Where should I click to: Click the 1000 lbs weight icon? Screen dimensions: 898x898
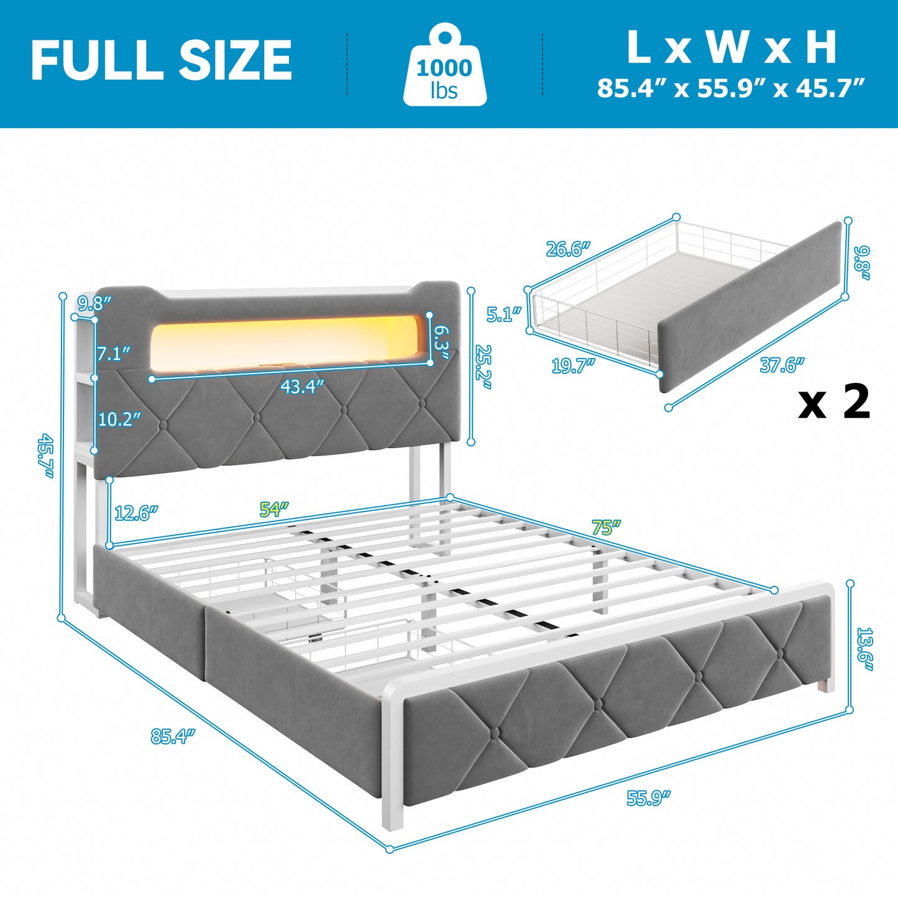click(445, 66)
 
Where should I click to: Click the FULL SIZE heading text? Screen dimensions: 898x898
click(161, 60)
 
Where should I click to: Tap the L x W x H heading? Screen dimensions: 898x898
click(731, 47)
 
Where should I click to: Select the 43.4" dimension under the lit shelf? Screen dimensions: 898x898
click(302, 387)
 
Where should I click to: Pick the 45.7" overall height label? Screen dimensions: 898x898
click(45, 456)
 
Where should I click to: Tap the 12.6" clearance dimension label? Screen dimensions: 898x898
click(136, 513)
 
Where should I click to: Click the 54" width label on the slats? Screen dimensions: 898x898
click(274, 510)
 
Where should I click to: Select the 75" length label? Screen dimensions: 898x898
click(606, 528)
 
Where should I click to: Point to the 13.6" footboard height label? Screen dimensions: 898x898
click(864, 649)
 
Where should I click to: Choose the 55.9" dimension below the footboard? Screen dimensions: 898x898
click(649, 798)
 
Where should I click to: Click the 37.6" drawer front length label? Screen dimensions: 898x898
click(782, 365)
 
